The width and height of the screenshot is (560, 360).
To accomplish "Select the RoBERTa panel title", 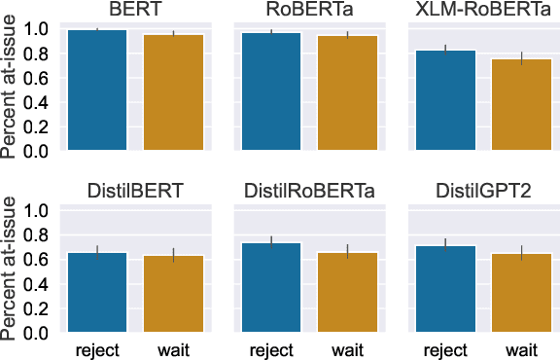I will coord(308,11).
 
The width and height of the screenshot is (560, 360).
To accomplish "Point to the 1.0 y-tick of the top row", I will coord(36,29).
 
